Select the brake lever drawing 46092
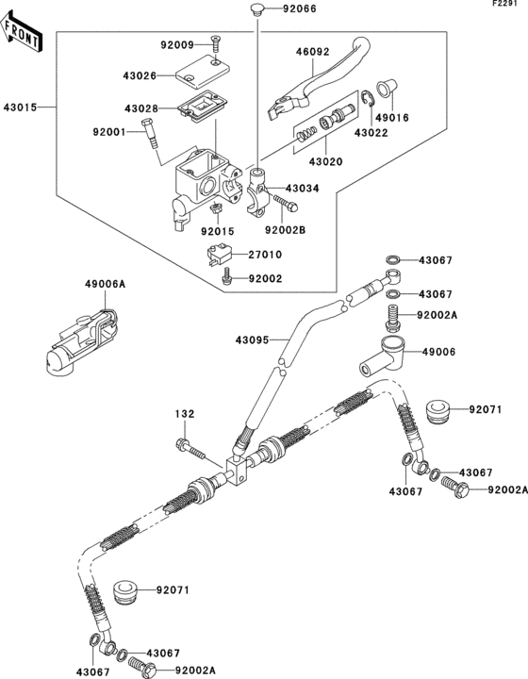click(x=312, y=86)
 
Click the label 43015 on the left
click(x=20, y=108)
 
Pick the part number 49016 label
click(x=391, y=119)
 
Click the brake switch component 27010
click(x=220, y=255)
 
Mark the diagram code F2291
click(x=509, y=6)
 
